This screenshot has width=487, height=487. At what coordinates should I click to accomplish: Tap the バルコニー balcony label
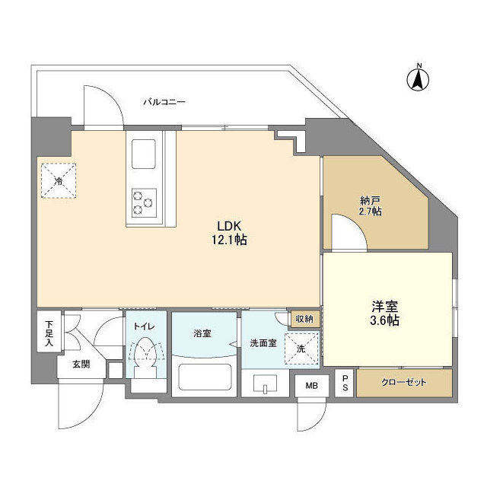[164, 101]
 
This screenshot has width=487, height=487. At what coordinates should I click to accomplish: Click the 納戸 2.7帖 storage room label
[371, 205]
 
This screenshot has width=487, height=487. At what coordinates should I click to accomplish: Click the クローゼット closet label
[405, 382]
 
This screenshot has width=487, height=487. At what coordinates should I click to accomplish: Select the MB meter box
[313, 385]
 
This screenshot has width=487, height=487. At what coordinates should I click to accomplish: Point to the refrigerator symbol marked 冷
[59, 181]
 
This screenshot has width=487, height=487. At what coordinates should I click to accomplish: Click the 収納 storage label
[304, 319]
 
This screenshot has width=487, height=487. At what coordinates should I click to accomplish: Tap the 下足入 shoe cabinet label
[47, 333]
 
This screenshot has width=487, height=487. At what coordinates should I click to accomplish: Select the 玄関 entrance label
[81, 364]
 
